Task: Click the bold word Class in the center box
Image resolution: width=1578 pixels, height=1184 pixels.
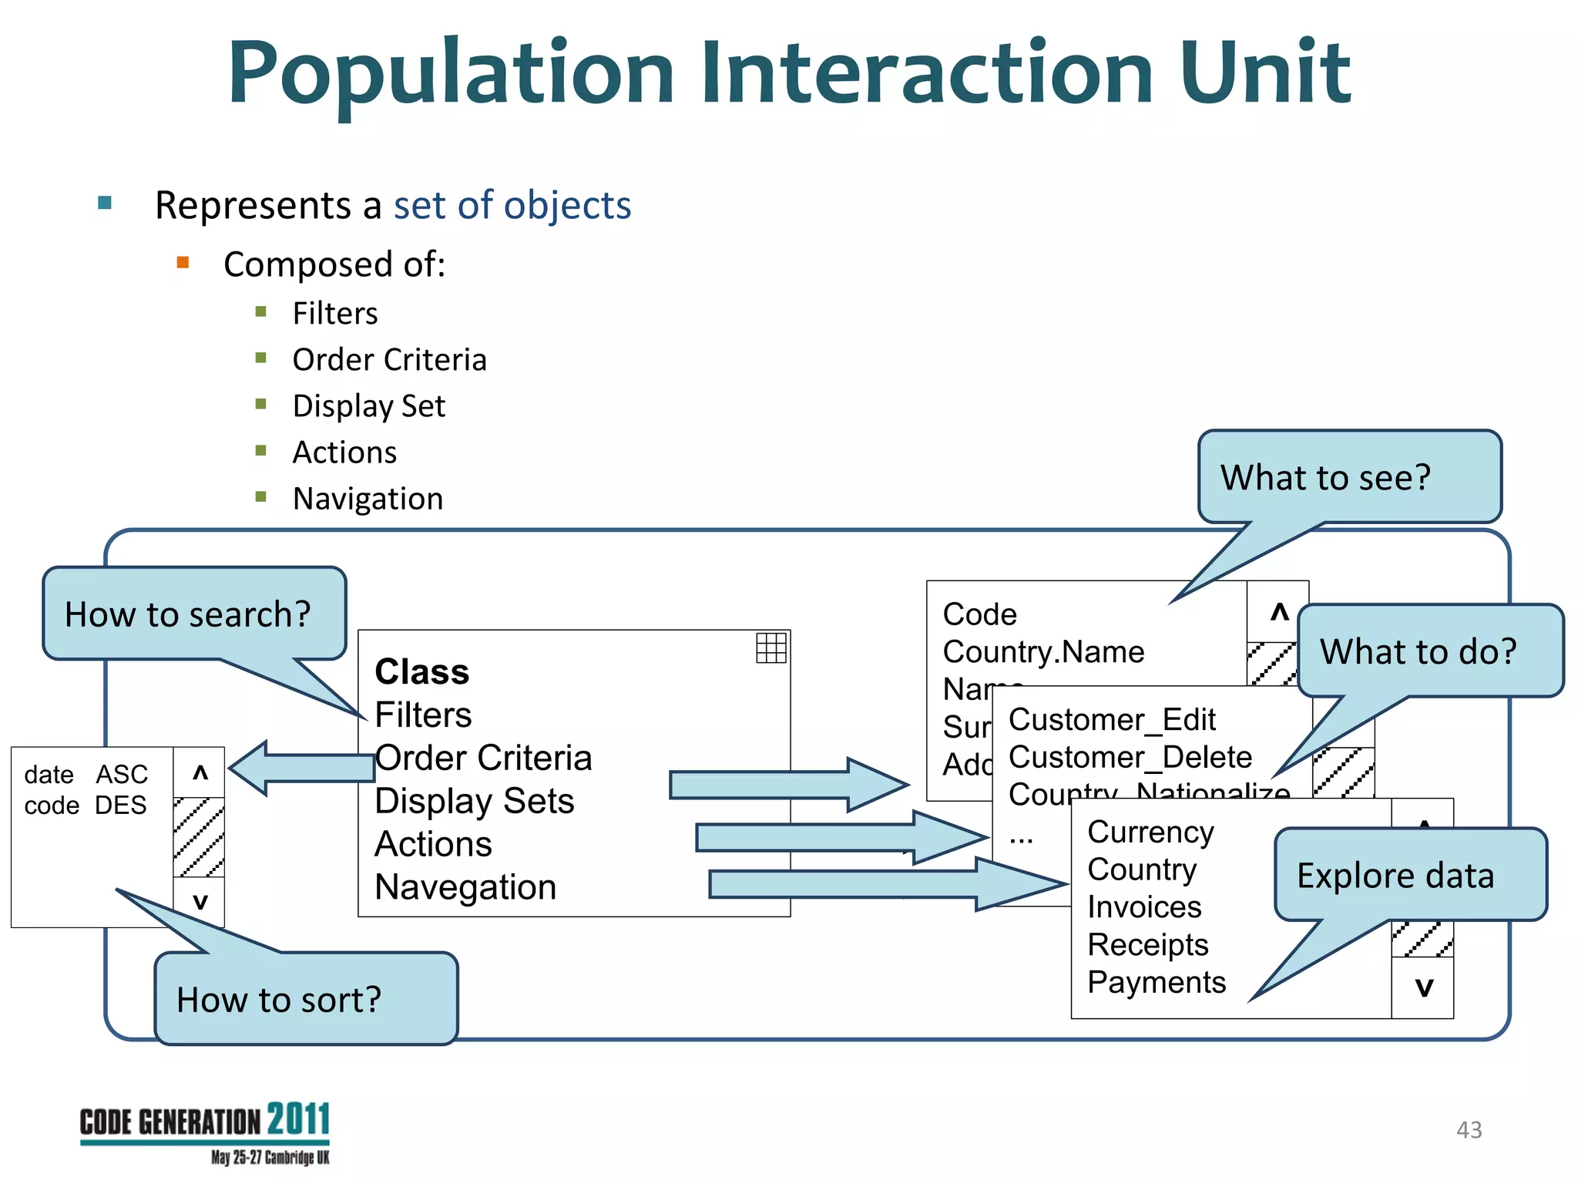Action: pyautogui.click(x=421, y=671)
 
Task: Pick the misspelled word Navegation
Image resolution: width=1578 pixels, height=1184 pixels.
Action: pyautogui.click(x=465, y=886)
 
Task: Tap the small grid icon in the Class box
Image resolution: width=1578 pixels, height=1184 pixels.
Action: pyautogui.click(x=771, y=647)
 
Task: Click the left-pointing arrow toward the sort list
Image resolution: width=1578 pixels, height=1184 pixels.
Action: pyautogui.click(x=300, y=768)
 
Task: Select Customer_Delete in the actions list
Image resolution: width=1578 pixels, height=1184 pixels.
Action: pyautogui.click(x=1130, y=757)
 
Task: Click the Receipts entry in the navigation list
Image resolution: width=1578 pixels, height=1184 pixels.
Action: pyautogui.click(x=1147, y=944)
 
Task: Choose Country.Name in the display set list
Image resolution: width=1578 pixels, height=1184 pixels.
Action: pyautogui.click(x=1043, y=652)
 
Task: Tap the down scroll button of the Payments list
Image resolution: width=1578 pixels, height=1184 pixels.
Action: pyautogui.click(x=1423, y=987)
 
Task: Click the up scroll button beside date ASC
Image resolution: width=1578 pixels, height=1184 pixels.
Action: pyautogui.click(x=200, y=772)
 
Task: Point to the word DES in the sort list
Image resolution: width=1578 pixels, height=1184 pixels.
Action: pyautogui.click(x=121, y=806)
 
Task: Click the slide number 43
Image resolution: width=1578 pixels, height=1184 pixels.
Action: pyautogui.click(x=1469, y=1130)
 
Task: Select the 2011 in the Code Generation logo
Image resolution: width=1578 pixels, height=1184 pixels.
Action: pyautogui.click(x=298, y=1119)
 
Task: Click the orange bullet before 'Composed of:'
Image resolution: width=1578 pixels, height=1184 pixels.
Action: pyautogui.click(x=183, y=263)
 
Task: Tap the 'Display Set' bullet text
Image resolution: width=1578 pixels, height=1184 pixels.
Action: pyautogui.click(x=368, y=406)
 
